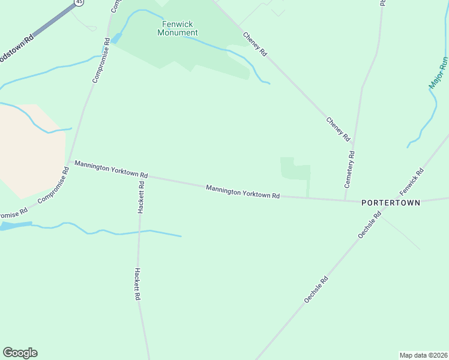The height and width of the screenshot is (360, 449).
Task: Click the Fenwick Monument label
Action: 177,28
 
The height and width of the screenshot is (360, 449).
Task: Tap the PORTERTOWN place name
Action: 391,203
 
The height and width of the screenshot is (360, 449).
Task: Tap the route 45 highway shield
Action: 79,2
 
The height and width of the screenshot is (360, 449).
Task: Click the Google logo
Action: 20,353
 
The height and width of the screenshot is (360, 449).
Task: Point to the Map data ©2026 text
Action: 423,355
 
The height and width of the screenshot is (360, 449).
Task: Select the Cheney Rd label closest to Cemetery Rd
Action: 338,128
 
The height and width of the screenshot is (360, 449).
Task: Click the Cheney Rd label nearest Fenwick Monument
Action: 255,44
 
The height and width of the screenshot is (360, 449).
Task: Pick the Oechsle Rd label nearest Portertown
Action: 369,226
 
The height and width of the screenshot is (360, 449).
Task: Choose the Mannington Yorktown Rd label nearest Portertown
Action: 243,191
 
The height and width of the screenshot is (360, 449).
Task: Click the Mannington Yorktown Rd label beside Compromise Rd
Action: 111,169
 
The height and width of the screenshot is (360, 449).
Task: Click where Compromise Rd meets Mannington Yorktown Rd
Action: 70,161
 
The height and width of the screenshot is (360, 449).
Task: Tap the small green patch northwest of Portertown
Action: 295,170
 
